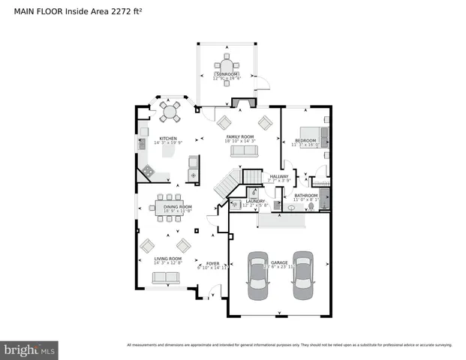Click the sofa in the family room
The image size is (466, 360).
(x=243, y=151)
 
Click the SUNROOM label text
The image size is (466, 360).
(x=227, y=75)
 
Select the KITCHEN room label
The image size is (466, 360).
(x=167, y=139)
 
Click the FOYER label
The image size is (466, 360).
(x=212, y=264)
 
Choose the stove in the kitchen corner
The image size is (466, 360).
(x=148, y=172)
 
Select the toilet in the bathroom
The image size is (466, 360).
(x=291, y=207)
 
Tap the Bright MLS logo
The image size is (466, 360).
(x=31, y=349)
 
